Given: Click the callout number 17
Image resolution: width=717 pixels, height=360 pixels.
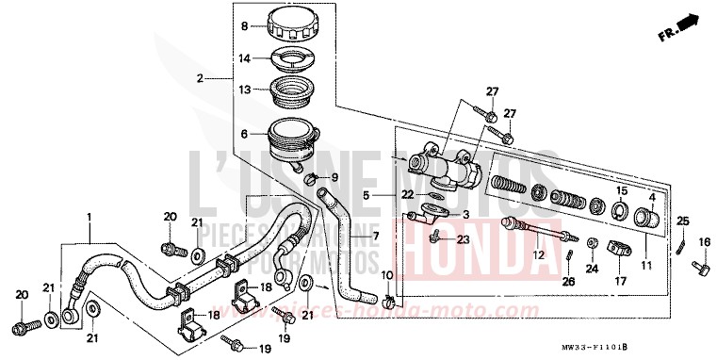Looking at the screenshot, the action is (x=619, y=281).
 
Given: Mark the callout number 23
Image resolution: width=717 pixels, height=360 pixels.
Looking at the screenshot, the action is (x=463, y=240).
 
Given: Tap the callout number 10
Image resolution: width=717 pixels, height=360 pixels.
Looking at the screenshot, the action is (x=384, y=274).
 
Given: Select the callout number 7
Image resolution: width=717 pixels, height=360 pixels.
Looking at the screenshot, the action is (x=374, y=236).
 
